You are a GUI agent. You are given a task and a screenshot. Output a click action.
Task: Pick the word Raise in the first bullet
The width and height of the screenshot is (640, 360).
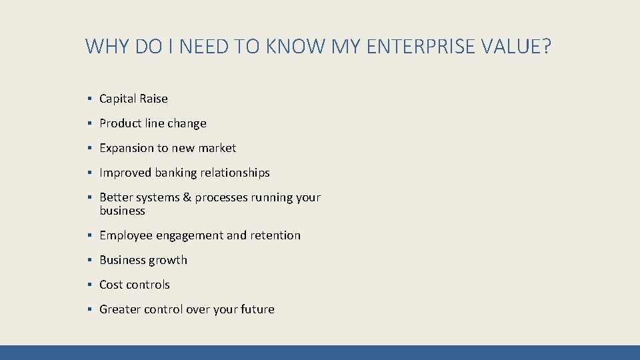(153, 99)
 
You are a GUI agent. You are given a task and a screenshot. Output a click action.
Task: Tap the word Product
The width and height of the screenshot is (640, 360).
(121, 123)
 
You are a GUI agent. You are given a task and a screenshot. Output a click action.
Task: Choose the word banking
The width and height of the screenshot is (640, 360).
(177, 173)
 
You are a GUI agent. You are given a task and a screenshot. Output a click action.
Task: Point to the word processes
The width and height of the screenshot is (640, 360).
(222, 198)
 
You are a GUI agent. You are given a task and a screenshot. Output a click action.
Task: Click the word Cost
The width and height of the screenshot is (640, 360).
(111, 285)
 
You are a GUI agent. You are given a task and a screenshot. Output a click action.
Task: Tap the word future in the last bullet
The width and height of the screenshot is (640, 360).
(257, 309)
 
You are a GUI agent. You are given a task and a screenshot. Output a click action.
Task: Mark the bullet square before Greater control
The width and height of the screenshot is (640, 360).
(89, 309)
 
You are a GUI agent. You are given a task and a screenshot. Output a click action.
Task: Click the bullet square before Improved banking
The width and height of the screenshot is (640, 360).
(89, 173)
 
